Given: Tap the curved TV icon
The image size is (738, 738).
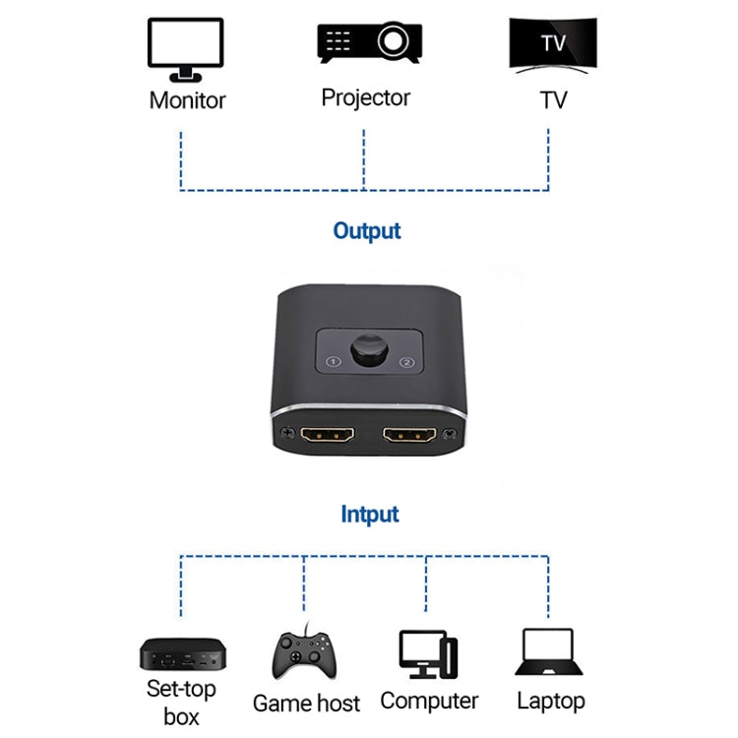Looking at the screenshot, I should pos(552,45).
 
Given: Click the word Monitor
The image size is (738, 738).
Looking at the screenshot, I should pos(187,100).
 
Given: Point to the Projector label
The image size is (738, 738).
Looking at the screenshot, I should pos(365,97).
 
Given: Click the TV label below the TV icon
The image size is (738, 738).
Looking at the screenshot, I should pos(553,100).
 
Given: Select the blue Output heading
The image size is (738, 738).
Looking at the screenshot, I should pos(367,231).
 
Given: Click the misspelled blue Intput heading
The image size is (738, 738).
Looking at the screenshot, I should pos(369,514).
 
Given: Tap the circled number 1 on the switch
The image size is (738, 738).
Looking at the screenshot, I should pos(334,362).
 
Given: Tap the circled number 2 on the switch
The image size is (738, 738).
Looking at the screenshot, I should pos(404,363).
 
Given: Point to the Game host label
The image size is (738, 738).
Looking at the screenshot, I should pos(306,703).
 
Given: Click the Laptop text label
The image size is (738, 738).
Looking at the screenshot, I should pos(551,701).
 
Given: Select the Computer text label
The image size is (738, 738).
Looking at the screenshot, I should pos(429,701).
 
